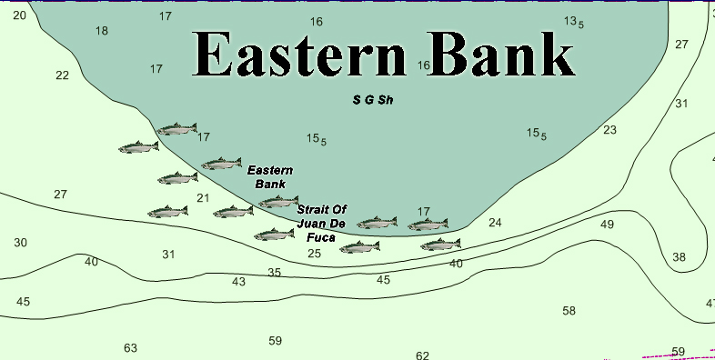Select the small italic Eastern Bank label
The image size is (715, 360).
click(x=270, y=176)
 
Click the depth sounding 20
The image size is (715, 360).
click(x=19, y=15)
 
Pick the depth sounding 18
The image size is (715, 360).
click(x=101, y=31)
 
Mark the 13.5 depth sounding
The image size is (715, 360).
click(x=573, y=22)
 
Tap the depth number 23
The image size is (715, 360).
click(x=609, y=130)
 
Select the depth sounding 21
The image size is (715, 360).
click(x=203, y=198)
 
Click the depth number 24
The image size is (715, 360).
click(x=495, y=223)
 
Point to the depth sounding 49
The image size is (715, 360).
click(x=607, y=225)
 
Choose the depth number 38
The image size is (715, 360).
click(x=679, y=257)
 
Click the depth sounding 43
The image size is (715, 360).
click(x=238, y=282)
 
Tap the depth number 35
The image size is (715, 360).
click(x=274, y=273)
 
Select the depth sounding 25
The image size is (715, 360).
click(x=314, y=254)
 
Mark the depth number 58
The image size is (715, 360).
click(x=569, y=311)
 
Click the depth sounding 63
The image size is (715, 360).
click(x=130, y=348)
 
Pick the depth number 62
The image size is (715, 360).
click(x=422, y=355)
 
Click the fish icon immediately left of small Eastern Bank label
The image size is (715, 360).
click(x=221, y=165)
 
